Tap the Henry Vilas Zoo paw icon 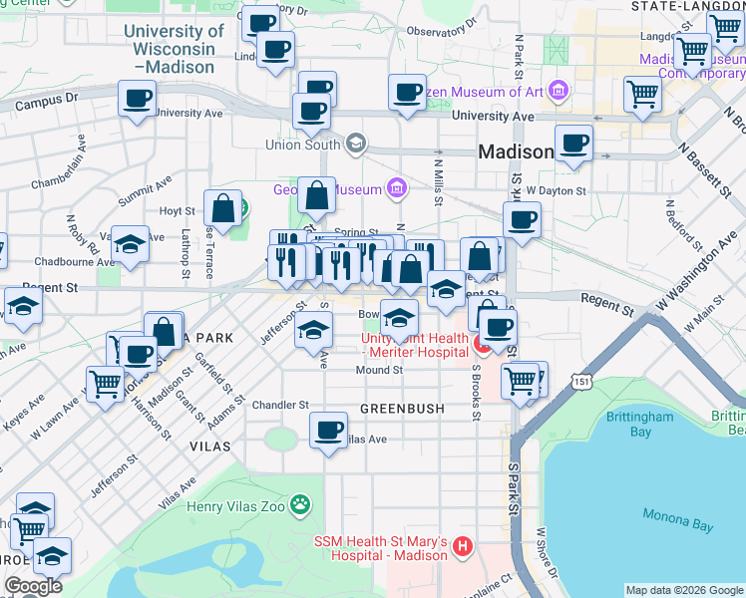click(x=299, y=505)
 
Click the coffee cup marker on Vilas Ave click(x=328, y=432)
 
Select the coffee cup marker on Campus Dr click(x=138, y=100)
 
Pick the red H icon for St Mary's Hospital click(x=462, y=546)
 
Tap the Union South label click(x=303, y=145)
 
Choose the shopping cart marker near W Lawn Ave click(x=105, y=383)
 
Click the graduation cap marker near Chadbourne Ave click(x=130, y=242)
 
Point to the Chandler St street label click(x=280, y=406)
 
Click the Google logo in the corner click(x=33, y=586)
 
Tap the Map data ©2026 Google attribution click(x=684, y=590)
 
